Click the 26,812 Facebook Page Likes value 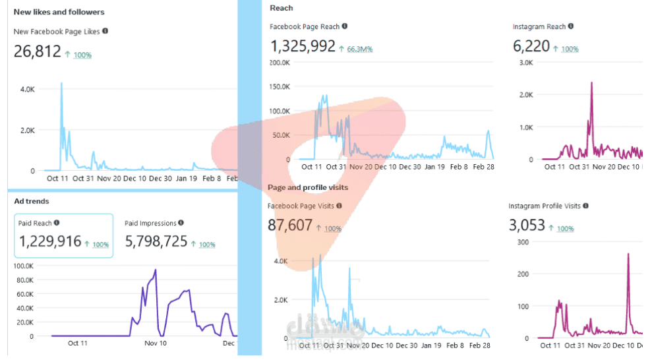37,51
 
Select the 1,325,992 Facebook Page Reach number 303,46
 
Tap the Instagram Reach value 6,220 530,46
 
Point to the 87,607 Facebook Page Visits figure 290,225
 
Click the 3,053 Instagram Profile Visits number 527,225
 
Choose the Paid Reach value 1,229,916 50,241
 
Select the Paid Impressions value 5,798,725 156,241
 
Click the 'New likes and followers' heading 59,12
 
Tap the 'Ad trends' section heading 32,201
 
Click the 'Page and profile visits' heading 308,188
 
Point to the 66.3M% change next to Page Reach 360,49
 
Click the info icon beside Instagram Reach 571,26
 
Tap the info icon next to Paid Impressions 181,223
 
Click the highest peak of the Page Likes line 61,83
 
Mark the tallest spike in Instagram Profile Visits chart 628,254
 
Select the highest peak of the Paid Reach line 156,270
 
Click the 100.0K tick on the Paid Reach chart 23,266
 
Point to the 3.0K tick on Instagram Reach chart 525,62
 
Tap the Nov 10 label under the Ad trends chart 156,343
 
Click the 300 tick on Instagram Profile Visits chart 523,241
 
